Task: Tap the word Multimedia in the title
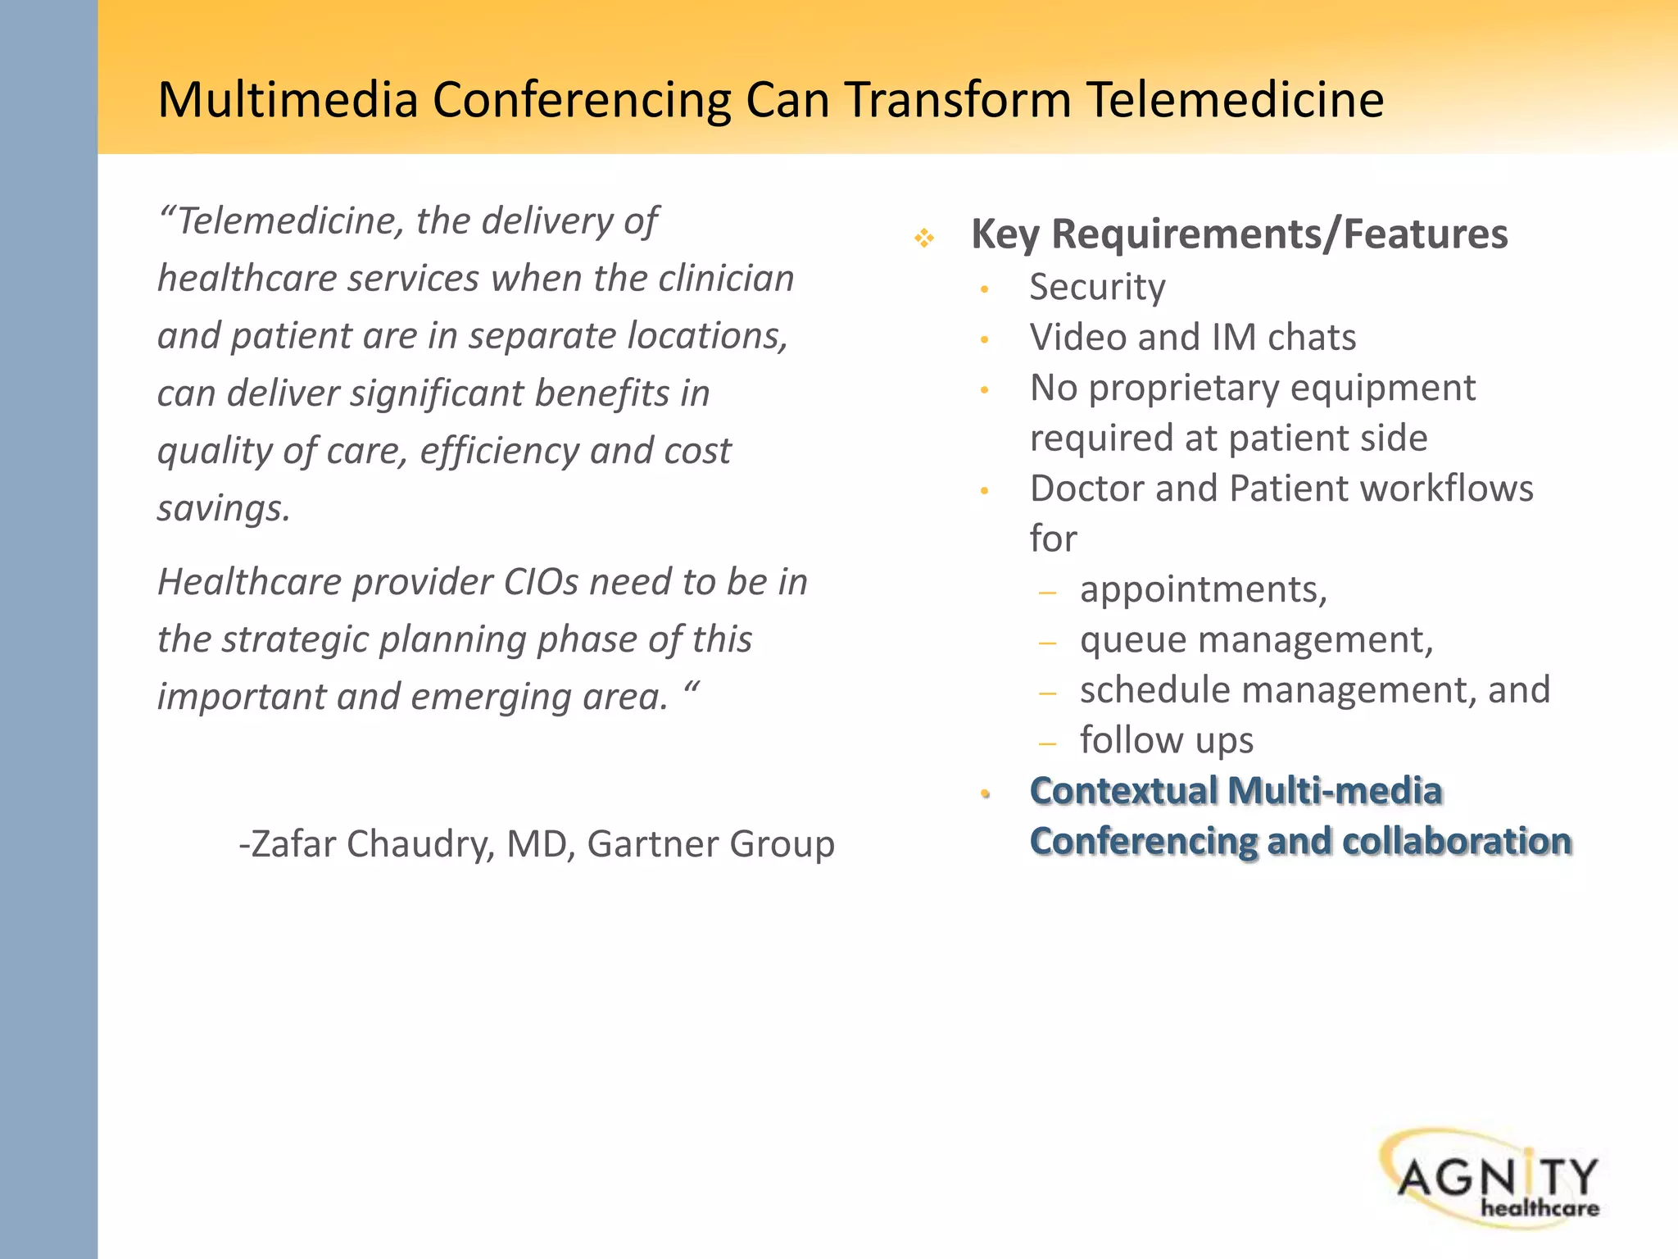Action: tap(288, 100)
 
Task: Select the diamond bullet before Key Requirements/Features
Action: tap(924, 239)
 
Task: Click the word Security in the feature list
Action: tap(1097, 288)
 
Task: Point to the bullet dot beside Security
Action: tap(985, 289)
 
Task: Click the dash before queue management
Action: tap(1047, 643)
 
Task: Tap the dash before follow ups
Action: tap(1047, 743)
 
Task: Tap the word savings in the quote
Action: tap(223, 509)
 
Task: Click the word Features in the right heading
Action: tap(1425, 234)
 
